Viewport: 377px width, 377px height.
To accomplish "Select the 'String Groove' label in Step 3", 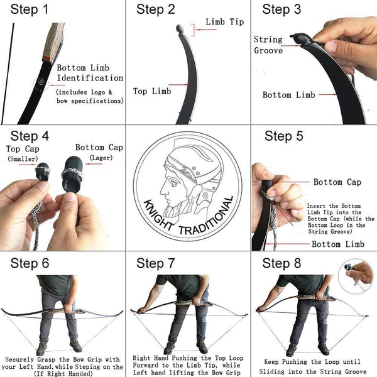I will (268, 45).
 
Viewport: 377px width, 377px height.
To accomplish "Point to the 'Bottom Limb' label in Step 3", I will (289, 95).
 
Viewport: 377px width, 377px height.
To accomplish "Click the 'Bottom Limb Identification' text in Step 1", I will (90, 73).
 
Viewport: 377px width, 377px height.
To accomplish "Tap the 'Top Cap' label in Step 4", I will (23, 149).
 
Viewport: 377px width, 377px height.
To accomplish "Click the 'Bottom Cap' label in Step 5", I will (337, 182).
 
